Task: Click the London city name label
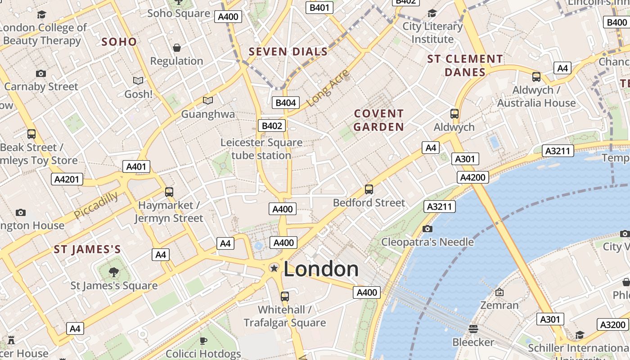321,269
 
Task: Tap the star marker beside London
274,268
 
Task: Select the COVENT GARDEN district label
378,120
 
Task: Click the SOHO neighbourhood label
119,42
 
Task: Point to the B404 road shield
285,103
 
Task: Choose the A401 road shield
136,166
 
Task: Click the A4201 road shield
67,179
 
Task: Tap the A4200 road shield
472,177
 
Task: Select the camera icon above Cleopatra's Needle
427,229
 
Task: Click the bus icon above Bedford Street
369,189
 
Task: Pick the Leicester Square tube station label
261,149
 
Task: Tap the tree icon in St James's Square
114,272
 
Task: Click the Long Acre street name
328,88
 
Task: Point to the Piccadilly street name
96,205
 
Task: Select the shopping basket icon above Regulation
177,48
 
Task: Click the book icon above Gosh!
138,81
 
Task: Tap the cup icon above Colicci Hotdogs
203,341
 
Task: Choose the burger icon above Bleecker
473,329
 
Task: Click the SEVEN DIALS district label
288,52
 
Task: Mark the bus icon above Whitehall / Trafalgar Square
284,297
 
